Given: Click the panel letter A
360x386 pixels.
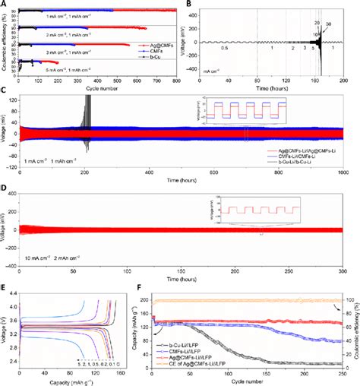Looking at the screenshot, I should (4, 5).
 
